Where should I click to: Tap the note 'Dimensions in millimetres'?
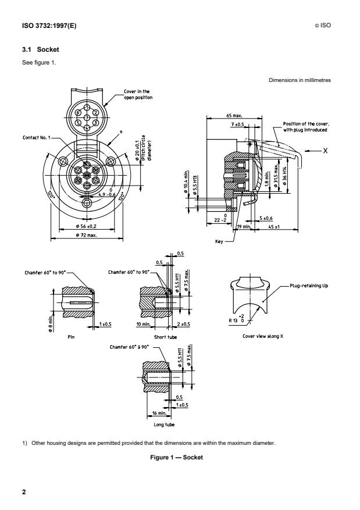(300, 80)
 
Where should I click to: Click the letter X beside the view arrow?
(325, 150)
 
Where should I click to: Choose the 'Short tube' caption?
(152, 336)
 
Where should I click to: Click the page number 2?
(24, 493)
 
